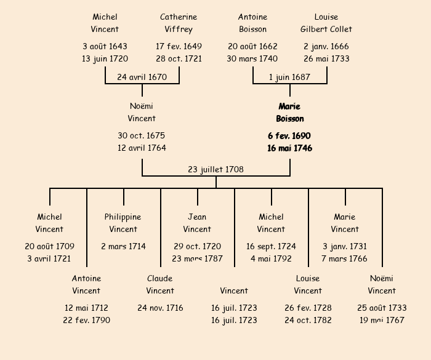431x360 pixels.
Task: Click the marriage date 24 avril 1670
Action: coord(142,77)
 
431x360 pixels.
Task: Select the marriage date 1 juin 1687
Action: coord(289,77)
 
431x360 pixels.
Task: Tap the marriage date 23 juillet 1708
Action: coord(216,169)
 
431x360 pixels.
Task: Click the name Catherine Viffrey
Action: coord(179,23)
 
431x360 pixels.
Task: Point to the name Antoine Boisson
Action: coord(252,23)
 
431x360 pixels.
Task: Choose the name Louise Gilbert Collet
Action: coord(326,23)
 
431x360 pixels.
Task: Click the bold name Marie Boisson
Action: coord(289,112)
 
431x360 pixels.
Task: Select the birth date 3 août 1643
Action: coord(105,46)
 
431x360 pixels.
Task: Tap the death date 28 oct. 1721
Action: coord(179,58)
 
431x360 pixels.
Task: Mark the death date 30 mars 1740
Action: coord(252,58)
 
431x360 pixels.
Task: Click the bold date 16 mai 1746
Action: coord(289,148)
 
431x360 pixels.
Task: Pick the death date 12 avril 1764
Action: coord(142,148)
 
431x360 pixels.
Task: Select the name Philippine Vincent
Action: coord(123,223)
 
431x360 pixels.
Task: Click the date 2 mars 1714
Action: coord(123,246)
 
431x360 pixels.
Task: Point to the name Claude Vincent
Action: coord(160,284)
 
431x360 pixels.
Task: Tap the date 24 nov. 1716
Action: coord(160,308)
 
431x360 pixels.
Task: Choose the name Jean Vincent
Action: coord(197,223)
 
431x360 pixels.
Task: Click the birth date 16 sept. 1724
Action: coord(271,246)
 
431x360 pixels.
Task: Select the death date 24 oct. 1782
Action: coord(308,320)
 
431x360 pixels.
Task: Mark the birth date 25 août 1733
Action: coord(382,308)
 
